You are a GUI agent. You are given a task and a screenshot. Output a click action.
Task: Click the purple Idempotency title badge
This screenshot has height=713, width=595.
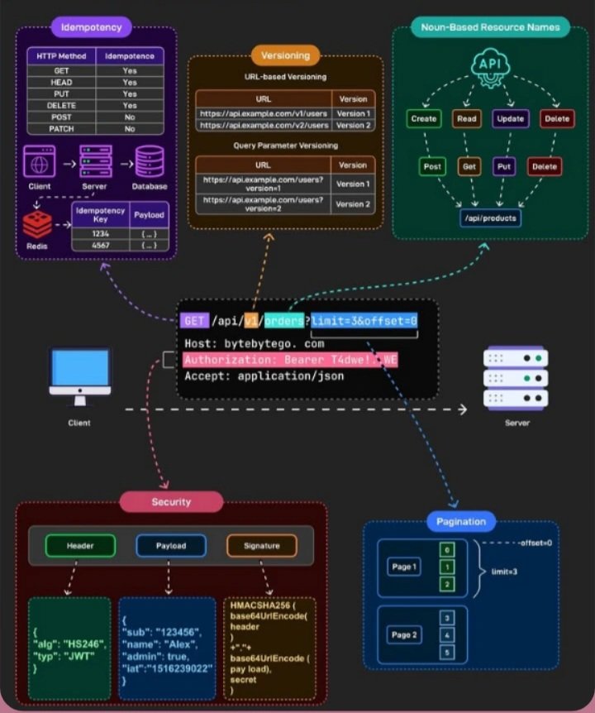(92, 26)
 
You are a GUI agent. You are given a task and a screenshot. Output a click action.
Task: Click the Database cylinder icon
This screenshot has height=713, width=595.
(150, 163)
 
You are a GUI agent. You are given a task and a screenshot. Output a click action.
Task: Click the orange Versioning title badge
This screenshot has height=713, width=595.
(285, 55)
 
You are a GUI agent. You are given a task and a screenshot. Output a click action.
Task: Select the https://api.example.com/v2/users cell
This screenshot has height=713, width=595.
(264, 125)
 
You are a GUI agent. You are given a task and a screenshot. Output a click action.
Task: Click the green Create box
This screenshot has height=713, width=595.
(424, 119)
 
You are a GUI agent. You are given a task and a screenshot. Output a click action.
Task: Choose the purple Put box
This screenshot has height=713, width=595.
(505, 166)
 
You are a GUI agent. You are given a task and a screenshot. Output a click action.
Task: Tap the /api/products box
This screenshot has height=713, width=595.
(490, 218)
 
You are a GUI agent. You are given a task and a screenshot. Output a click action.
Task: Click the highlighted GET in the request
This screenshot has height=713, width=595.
(193, 321)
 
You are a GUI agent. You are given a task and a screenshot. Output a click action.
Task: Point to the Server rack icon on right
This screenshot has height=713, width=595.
(516, 377)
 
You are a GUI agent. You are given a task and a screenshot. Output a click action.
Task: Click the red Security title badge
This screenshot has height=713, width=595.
(171, 501)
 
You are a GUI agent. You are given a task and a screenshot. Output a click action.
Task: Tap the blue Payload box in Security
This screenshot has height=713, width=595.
(170, 546)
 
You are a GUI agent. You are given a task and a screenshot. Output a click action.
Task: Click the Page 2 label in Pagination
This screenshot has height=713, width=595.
(404, 634)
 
